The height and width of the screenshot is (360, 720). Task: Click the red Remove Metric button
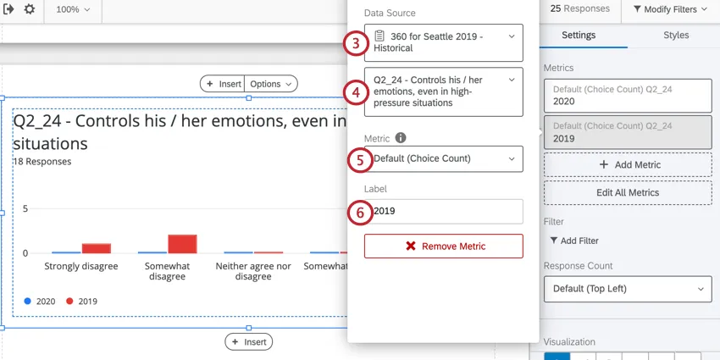click(x=443, y=246)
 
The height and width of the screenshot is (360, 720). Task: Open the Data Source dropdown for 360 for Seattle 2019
click(x=443, y=42)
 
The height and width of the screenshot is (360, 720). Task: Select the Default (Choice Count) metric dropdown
click(x=443, y=158)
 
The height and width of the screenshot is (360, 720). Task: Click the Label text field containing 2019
click(x=443, y=211)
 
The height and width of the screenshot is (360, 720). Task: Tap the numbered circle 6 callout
click(x=359, y=213)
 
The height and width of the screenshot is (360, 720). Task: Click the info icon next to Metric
click(x=401, y=137)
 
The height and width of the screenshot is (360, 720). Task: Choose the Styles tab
click(x=675, y=36)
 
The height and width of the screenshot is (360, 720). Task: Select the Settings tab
click(x=579, y=36)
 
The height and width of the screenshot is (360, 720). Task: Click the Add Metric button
click(x=628, y=164)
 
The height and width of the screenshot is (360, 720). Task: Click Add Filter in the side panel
click(x=574, y=241)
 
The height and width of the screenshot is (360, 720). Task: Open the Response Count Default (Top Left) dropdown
click(x=628, y=289)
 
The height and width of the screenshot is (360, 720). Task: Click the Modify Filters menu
click(x=670, y=9)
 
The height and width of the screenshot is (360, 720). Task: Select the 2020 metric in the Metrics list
click(x=628, y=94)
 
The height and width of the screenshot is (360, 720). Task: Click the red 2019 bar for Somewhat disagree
click(x=182, y=244)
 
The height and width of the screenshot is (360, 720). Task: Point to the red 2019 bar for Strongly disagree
click(x=96, y=248)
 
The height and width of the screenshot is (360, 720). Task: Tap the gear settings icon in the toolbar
click(x=30, y=9)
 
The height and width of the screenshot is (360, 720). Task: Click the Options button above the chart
click(x=271, y=84)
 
